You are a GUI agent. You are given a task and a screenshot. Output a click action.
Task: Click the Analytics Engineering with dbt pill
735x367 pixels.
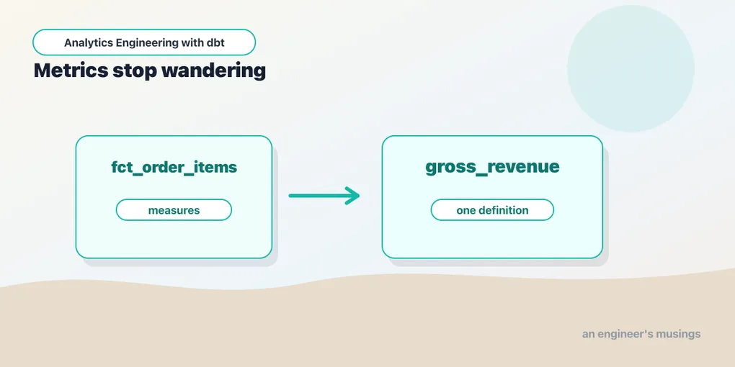click(144, 42)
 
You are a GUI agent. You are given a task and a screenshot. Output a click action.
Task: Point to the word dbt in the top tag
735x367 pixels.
click(215, 42)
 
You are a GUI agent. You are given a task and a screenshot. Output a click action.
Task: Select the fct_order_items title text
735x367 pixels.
click(174, 167)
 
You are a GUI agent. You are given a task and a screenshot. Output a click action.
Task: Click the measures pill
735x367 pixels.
click(174, 210)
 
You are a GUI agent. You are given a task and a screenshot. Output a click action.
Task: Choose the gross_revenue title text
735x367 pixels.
click(492, 167)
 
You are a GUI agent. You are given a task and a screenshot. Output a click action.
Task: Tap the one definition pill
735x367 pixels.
click(492, 210)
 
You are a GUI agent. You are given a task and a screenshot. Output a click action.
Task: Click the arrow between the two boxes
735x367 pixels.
click(324, 196)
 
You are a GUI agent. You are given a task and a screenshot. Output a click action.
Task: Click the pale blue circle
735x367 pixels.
click(631, 68)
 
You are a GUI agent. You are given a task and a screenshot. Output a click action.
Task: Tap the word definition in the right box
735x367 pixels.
click(502, 210)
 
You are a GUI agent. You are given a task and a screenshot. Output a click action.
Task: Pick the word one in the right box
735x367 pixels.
click(465, 211)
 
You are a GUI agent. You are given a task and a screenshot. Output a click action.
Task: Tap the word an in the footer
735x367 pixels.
click(588, 335)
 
